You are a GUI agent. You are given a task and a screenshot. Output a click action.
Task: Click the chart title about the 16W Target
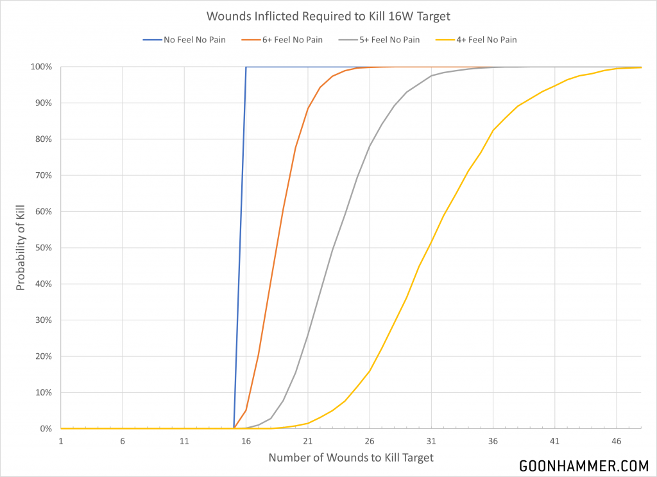pos(328,15)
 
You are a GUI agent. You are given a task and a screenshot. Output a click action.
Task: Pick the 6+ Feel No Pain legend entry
pos(293,40)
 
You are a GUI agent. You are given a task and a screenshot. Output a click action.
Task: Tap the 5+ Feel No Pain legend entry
pos(389,40)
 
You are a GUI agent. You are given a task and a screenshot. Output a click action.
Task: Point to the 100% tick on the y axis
pos(42,67)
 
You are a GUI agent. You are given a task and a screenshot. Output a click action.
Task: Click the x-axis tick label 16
pos(246,442)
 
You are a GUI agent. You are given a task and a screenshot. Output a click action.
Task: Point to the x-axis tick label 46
pos(617,442)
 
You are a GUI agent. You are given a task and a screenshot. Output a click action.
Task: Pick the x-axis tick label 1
pos(61,442)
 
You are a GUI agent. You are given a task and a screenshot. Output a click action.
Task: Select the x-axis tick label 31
pos(431,442)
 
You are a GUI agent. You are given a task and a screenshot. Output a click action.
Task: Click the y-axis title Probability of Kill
pos(21,248)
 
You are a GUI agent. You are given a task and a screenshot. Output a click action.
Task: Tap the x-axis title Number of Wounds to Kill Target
pos(350,458)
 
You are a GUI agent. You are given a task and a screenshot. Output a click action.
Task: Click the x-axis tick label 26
pos(370,442)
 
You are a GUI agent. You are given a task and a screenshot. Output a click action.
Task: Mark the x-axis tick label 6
pos(123,442)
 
